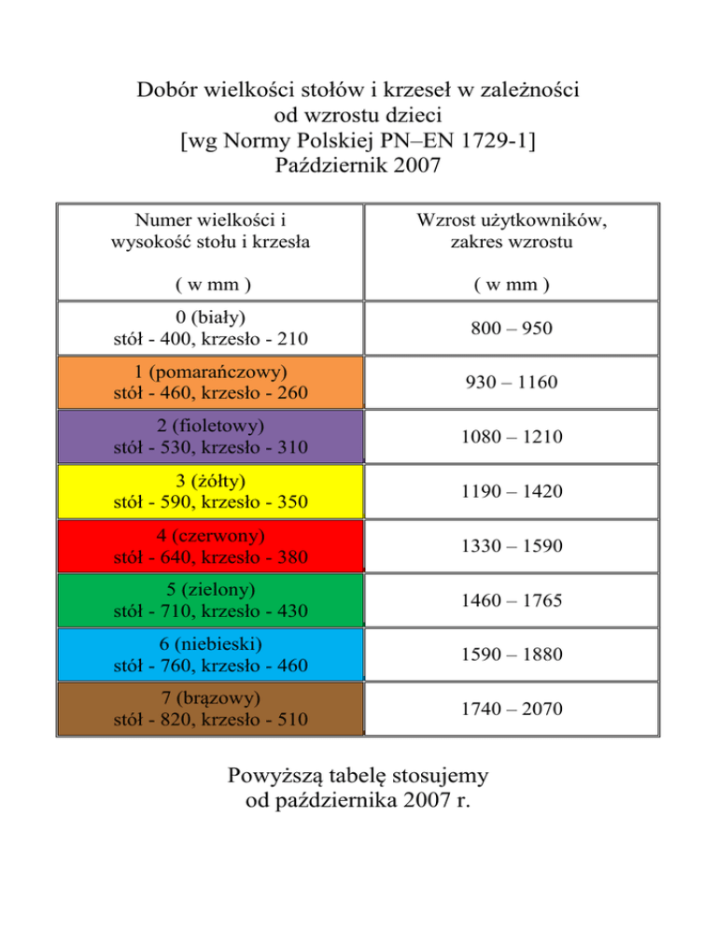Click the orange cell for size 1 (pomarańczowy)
pos(210,383)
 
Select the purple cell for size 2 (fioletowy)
pos(210,437)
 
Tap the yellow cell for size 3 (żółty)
pos(210,491)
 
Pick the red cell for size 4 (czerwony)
pos(210,546)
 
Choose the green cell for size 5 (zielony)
pos(210,600)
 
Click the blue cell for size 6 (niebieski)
pos(210,654)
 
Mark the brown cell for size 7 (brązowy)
pos(210,709)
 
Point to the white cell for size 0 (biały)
pos(210,328)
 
